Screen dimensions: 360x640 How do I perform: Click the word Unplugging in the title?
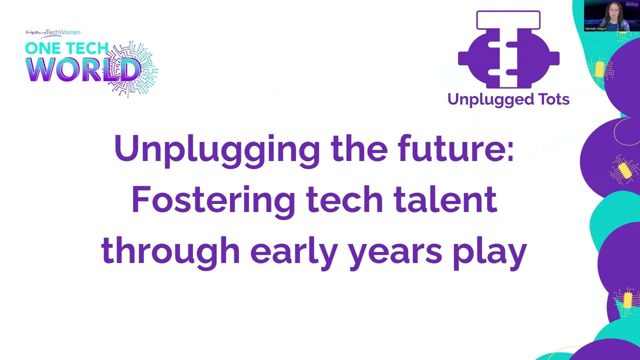216,149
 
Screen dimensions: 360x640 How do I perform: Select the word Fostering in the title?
213,199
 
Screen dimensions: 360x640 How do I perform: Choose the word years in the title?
395,251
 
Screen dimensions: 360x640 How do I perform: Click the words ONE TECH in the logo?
66,48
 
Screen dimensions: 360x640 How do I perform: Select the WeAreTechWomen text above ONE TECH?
53,33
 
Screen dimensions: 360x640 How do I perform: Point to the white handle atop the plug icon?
508,19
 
